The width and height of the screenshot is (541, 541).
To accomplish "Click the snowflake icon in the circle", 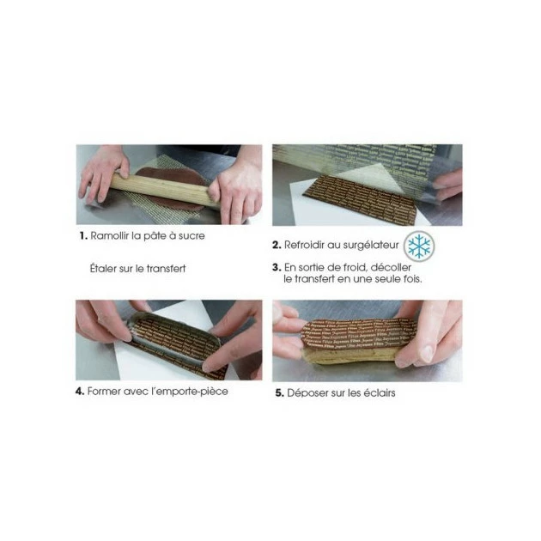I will [419, 246].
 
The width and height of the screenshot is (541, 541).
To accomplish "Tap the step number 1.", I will [82, 235].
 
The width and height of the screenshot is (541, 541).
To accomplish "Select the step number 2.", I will [277, 246].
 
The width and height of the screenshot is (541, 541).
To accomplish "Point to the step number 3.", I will [277, 267].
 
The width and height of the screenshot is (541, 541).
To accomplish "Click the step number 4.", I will [79, 392].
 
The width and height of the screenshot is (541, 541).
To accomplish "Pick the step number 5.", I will [278, 393].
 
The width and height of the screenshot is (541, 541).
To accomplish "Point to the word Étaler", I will [105, 269].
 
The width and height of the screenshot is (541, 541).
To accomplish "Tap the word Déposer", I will [307, 393].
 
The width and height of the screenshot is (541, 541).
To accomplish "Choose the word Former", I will [106, 392].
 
